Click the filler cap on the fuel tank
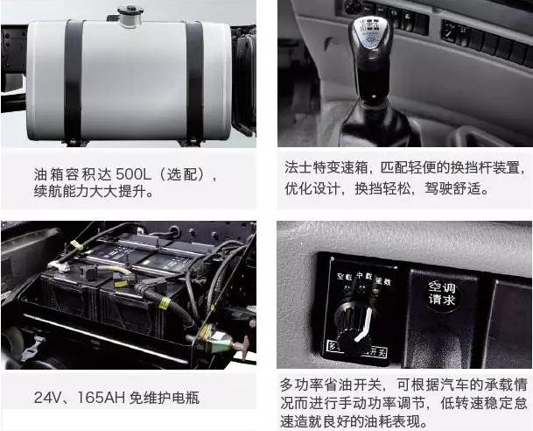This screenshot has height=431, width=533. click(130, 15)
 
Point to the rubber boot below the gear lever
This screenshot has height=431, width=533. click(375, 123)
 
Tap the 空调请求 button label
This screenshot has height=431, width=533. click(442, 293)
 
